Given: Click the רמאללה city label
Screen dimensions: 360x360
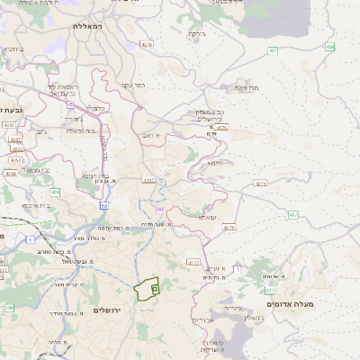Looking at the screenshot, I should pos(90,28).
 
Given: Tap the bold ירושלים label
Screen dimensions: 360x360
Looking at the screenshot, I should pos(112,310).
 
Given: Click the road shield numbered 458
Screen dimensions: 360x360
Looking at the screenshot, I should pos(330,47).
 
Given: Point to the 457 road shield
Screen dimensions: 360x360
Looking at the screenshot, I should pos(272,51).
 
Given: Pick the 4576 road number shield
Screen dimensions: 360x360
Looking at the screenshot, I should pos(221,128).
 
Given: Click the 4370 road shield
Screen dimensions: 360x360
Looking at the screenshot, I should pos(229,228).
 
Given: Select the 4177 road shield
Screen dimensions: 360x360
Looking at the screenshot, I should pos(193,263).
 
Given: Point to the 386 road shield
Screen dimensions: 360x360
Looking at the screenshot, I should pos(9,309).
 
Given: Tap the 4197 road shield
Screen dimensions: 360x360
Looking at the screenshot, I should pos(148,180).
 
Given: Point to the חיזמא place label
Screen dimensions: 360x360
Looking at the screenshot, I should pos(214,163).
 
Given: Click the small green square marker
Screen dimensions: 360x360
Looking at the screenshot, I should pos(155,289).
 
